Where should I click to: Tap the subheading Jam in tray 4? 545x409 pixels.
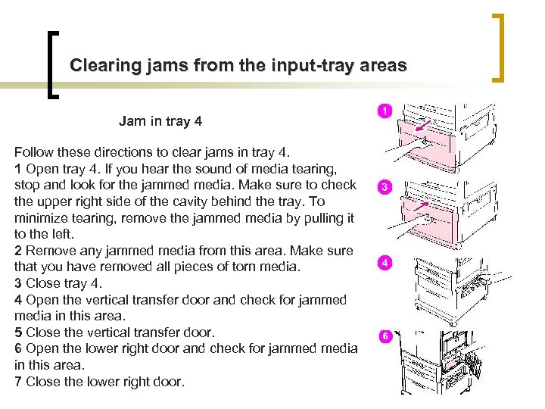click(x=160, y=120)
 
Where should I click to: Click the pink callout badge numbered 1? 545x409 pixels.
click(x=384, y=111)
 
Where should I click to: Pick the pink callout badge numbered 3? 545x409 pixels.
click(x=384, y=186)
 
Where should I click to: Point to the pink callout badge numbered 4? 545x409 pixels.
click(x=384, y=262)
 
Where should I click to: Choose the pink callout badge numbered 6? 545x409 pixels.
click(x=384, y=336)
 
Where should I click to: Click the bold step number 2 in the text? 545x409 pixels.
click(x=18, y=251)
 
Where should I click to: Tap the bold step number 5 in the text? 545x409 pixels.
click(x=18, y=333)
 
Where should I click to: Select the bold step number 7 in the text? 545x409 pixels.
click(x=18, y=381)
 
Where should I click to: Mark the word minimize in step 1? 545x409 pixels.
click(x=39, y=218)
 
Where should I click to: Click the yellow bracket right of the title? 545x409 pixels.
click(x=500, y=47)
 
